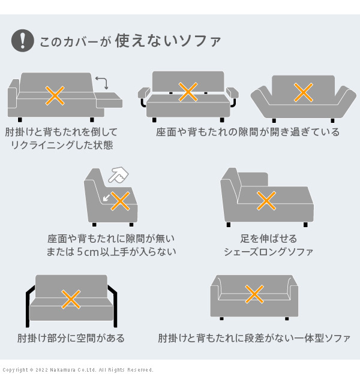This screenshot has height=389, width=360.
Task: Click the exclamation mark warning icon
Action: coord(23,40)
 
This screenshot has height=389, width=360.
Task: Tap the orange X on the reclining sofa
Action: coord(55,95)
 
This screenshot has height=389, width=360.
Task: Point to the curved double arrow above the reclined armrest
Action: coord(103,82)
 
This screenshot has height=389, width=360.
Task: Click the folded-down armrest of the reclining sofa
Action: coord(109,100)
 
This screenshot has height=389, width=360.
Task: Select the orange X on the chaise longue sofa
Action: coord(266,201)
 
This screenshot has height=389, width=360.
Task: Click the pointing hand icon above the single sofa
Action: coord(118,174)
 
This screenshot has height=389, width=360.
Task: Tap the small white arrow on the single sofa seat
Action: coord(106,198)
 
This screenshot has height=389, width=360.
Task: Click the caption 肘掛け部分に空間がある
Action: coord(71,338)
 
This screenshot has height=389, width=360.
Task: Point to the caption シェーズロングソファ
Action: coord(268,252)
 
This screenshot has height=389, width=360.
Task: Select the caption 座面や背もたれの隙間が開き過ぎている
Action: coord(248,132)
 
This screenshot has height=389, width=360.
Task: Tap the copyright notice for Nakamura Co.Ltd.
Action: coord(78,370)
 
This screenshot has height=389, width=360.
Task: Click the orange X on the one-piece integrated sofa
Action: coord(254,294)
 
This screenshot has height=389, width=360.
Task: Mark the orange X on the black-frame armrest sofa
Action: coord(71,299)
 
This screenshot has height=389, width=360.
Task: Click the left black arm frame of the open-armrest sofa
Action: coord(29,306)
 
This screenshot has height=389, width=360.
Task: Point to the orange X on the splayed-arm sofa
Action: coord(303,92)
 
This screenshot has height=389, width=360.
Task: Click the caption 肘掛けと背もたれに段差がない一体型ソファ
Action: coord(254,338)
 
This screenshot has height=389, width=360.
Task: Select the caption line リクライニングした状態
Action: coord(62,145)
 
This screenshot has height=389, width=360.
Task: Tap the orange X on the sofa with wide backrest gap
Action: coord(188,92)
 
